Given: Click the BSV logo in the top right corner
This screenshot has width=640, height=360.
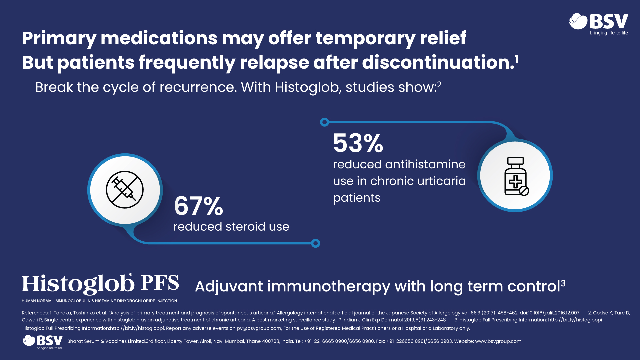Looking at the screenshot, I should (x=599, y=23).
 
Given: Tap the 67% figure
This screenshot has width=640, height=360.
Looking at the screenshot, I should (x=198, y=206).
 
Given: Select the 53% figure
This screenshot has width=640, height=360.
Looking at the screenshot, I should (x=358, y=143).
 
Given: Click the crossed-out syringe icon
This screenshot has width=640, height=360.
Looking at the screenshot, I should (x=125, y=190).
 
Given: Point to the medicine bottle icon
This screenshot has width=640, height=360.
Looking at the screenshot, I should (x=515, y=176).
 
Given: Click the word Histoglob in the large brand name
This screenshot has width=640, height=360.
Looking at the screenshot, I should (x=78, y=284).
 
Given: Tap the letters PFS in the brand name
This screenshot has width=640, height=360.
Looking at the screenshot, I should (x=160, y=283).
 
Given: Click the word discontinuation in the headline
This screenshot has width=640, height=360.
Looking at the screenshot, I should (x=438, y=62).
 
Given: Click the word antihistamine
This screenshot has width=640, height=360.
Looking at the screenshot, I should (x=425, y=164).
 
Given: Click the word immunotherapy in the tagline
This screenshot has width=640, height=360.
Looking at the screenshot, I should (x=328, y=286).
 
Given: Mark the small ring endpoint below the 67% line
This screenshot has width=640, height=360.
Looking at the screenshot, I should (x=315, y=243).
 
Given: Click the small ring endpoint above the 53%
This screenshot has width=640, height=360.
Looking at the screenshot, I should (x=324, y=122).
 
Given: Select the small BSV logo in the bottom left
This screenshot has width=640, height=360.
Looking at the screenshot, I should (x=43, y=342).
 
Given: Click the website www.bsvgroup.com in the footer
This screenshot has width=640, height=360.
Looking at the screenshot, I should (x=498, y=341).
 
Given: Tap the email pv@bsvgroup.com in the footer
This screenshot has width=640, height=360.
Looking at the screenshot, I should (x=259, y=328).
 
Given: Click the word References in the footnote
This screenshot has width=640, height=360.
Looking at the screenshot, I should (x=35, y=313).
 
